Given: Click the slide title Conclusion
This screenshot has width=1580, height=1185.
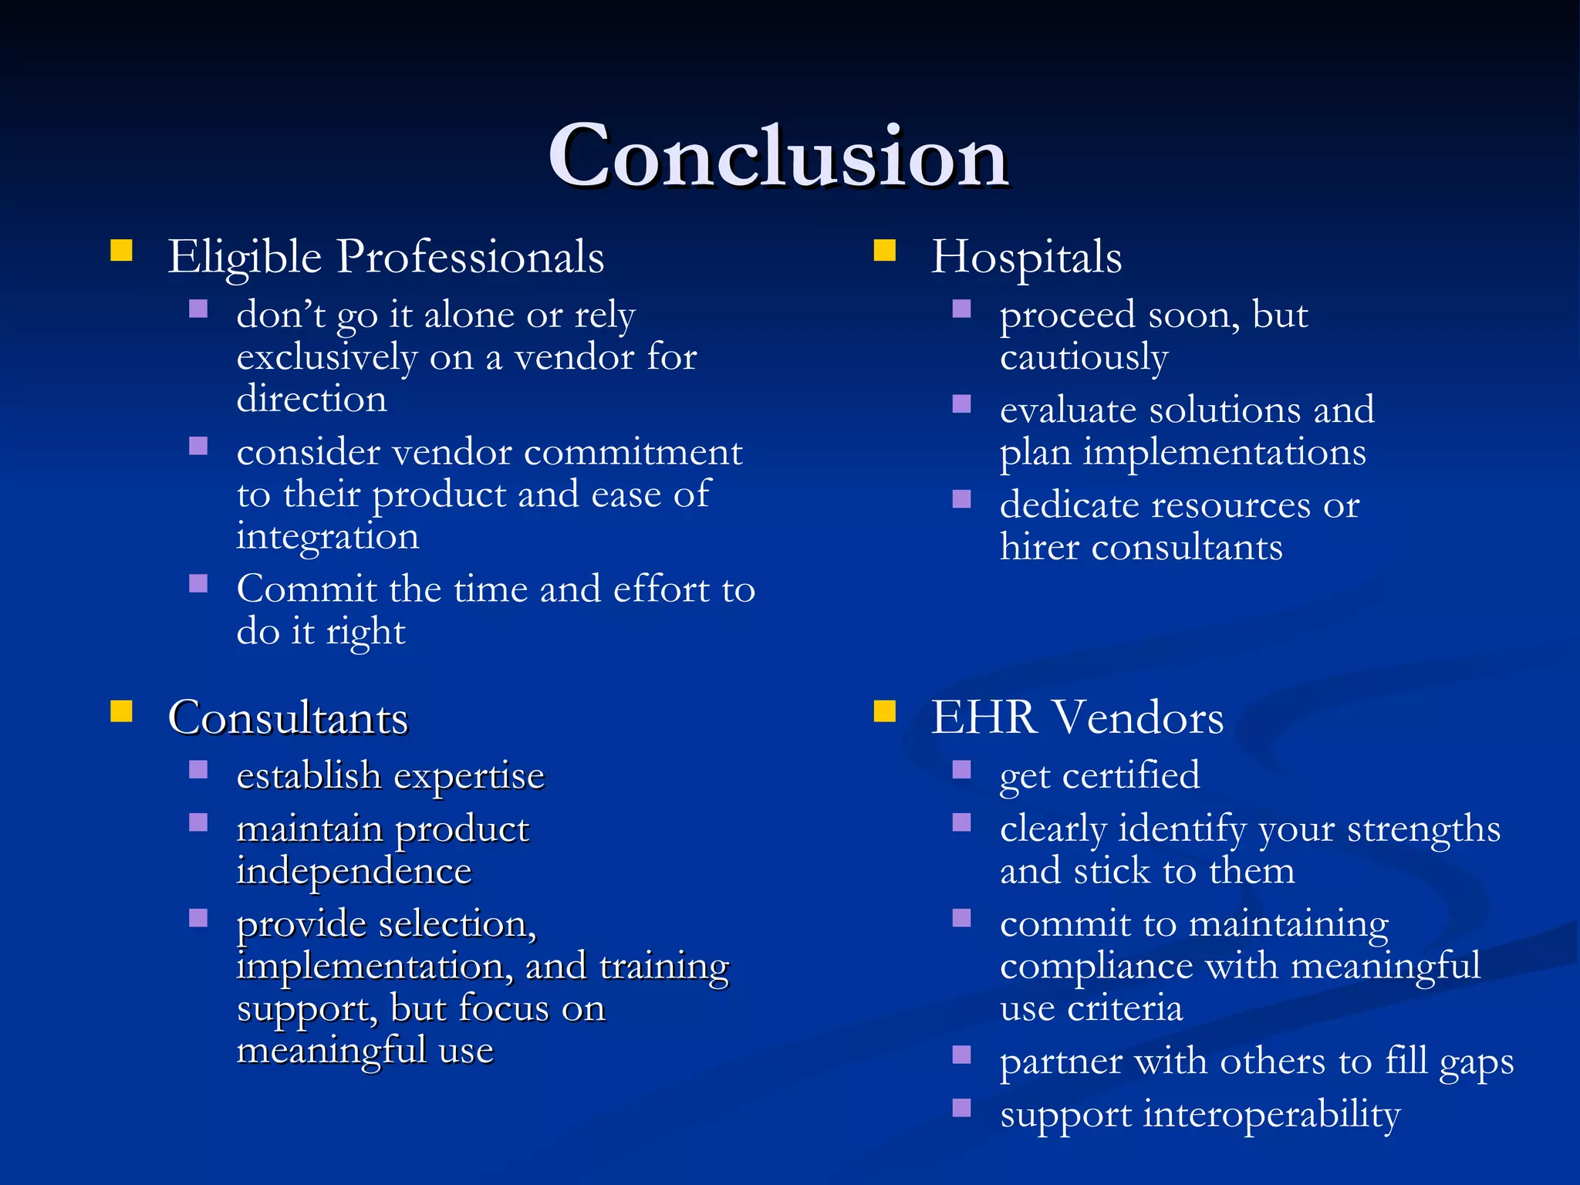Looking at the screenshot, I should (778, 157).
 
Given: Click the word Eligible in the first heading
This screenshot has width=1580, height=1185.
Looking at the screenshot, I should (245, 257).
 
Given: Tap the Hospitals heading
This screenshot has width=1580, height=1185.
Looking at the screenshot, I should (1026, 257).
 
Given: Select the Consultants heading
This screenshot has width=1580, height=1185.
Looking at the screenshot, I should (288, 718).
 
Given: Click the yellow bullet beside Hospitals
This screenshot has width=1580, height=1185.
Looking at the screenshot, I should (884, 250).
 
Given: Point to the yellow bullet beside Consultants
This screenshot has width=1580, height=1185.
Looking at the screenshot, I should (121, 711).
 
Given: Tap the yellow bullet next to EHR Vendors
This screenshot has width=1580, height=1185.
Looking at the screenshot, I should (884, 711).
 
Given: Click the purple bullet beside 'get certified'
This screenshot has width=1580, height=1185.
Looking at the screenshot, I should (961, 769).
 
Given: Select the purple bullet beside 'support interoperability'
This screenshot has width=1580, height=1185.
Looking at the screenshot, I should (961, 1108).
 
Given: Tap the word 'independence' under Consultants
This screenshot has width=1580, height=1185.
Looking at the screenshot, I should (354, 872).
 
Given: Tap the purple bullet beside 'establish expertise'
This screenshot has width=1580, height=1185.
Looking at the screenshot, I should (198, 769).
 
